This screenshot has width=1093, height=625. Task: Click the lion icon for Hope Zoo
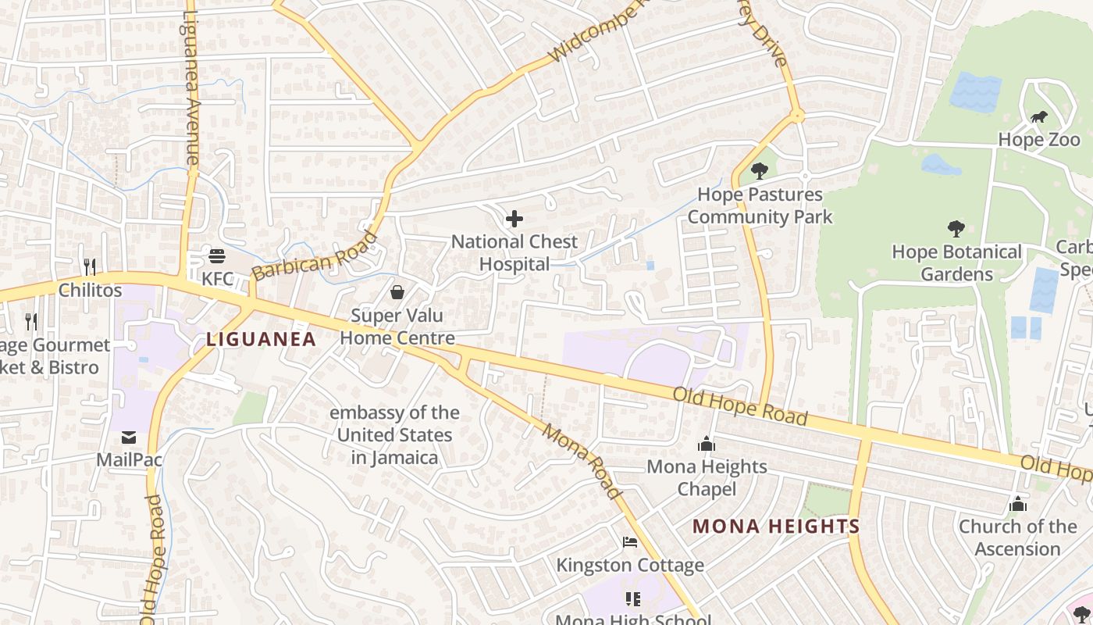(x=1038, y=118)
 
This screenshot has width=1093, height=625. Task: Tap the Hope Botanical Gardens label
(x=956, y=263)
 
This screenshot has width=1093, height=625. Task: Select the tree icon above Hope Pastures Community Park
(x=758, y=171)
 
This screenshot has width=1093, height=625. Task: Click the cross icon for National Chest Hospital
(x=514, y=220)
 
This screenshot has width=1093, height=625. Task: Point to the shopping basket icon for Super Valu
(x=397, y=293)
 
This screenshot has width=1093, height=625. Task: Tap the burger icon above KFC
(x=217, y=256)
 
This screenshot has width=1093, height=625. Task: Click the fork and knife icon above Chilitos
(x=90, y=267)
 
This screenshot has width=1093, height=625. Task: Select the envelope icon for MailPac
(x=129, y=437)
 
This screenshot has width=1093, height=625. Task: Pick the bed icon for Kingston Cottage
(x=630, y=542)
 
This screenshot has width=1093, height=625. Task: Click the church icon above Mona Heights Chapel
(x=707, y=445)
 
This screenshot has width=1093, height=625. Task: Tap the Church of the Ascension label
(x=1017, y=537)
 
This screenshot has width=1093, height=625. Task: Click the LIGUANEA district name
(x=262, y=339)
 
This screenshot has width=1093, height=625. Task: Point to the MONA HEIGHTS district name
(x=776, y=527)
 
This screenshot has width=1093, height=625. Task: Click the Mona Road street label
(x=582, y=461)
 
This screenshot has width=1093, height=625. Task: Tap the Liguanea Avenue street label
(x=191, y=86)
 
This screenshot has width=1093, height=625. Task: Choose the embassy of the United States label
(x=394, y=435)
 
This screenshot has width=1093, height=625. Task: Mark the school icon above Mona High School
(x=632, y=599)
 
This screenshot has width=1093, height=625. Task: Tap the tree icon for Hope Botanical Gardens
(x=956, y=229)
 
